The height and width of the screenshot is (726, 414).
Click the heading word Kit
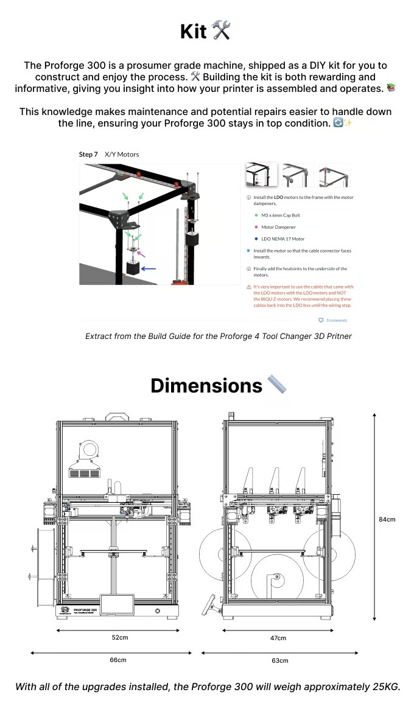coord(194,31)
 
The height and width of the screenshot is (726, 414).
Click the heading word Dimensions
coord(206,386)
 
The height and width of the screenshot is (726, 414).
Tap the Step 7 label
coord(88,155)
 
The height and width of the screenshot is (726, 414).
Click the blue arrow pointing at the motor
coord(149,268)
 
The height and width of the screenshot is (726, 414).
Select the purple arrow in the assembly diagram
coord(141,253)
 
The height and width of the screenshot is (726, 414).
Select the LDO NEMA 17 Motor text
coord(282,239)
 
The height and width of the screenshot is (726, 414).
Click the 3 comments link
coord(336,320)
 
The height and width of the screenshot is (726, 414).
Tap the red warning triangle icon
coord(248,287)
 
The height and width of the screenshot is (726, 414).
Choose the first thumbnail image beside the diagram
coord(262,175)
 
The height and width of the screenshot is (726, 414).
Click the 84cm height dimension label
coord(387,519)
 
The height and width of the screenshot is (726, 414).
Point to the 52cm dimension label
coord(119,637)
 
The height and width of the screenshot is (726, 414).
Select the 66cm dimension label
coord(118,660)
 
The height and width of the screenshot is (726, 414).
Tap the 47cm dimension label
coord(278,638)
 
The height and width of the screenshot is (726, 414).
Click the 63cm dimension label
coord(279,660)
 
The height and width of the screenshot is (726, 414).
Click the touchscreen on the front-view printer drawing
coord(118,604)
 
